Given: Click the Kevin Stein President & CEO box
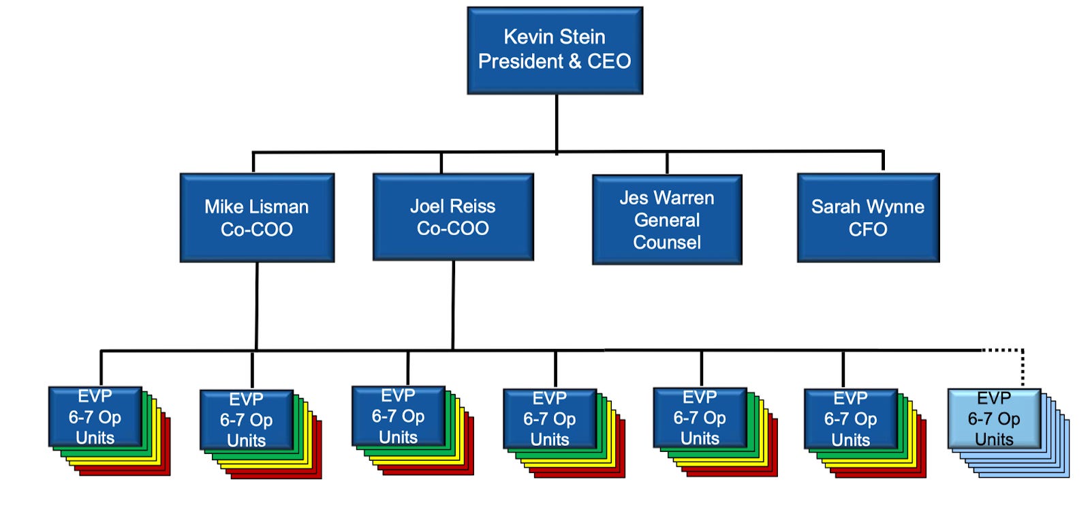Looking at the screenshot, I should pyautogui.click(x=555, y=50).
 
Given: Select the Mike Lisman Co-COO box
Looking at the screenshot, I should pyautogui.click(x=257, y=217).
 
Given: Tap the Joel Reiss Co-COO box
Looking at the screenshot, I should pyautogui.click(x=453, y=217).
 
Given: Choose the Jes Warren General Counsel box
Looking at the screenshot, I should pyautogui.click(x=667, y=219).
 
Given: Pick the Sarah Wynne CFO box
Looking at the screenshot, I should pyautogui.click(x=868, y=217).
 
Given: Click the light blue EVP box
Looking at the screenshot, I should pyautogui.click(x=994, y=419).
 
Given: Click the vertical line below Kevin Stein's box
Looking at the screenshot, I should pyautogui.click(x=557, y=123).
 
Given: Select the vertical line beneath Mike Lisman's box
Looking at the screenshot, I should pyautogui.click(x=257, y=307).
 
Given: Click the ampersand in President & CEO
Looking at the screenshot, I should pyautogui.click(x=575, y=61).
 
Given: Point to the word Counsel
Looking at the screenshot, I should pyautogui.click(x=667, y=243).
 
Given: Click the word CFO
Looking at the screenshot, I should pyautogui.click(x=868, y=230).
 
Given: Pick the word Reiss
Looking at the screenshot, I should pyautogui.click(x=475, y=206).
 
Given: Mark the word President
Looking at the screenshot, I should pyautogui.click(x=520, y=61).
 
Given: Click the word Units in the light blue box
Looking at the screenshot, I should pyautogui.click(x=994, y=440).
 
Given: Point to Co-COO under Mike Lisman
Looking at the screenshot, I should pyautogui.click(x=257, y=230).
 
